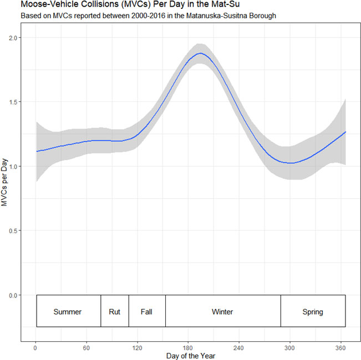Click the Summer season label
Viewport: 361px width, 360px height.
point(67,312)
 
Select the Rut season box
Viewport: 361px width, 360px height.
point(114,312)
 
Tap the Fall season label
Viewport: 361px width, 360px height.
point(146,312)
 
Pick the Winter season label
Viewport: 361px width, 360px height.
point(222,312)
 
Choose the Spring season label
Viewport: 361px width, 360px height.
point(313,312)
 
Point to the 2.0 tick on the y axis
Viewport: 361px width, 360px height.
point(12,38)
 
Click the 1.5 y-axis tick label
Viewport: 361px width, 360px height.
point(12,102)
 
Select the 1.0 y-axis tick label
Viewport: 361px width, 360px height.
point(12,167)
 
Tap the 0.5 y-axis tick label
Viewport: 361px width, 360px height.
point(12,231)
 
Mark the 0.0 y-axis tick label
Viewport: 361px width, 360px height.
point(12,296)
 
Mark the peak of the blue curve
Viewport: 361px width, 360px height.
point(200,54)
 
